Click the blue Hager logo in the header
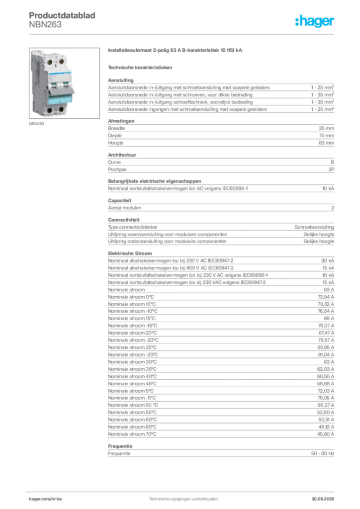(x=316, y=22)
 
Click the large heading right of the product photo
(x=177, y=51)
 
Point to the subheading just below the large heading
(x=141, y=67)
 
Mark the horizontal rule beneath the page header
(x=182, y=34)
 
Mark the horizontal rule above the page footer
(x=182, y=489)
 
